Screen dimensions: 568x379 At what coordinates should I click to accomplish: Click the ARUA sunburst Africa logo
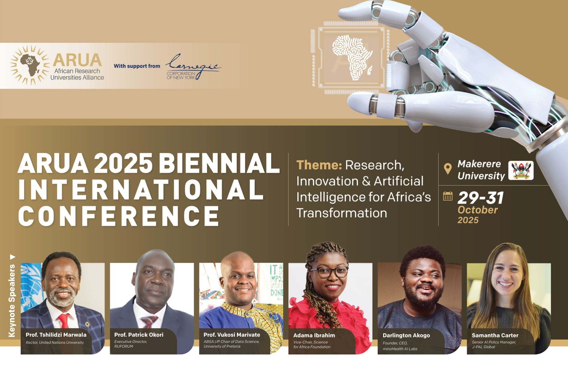(x=30, y=65)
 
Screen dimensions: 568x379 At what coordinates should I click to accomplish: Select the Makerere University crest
(x=521, y=170)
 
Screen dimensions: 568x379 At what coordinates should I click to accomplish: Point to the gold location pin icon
(x=448, y=169)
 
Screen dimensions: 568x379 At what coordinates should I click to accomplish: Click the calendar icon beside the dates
(x=448, y=196)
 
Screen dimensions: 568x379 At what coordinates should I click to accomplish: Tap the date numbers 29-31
(x=481, y=198)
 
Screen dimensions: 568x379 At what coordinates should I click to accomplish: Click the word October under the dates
(x=477, y=210)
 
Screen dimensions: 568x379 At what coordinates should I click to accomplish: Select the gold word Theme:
(x=319, y=165)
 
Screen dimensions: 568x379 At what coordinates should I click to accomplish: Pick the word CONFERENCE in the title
(x=119, y=216)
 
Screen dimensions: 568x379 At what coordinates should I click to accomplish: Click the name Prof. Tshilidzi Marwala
(x=56, y=335)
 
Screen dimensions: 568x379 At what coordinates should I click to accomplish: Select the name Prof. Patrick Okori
(x=139, y=335)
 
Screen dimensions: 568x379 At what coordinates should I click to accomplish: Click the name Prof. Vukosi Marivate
(x=232, y=335)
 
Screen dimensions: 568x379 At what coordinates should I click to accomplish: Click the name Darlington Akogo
(x=406, y=335)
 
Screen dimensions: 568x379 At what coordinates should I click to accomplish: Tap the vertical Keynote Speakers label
(x=12, y=301)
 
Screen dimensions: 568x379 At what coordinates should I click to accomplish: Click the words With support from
(x=137, y=66)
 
